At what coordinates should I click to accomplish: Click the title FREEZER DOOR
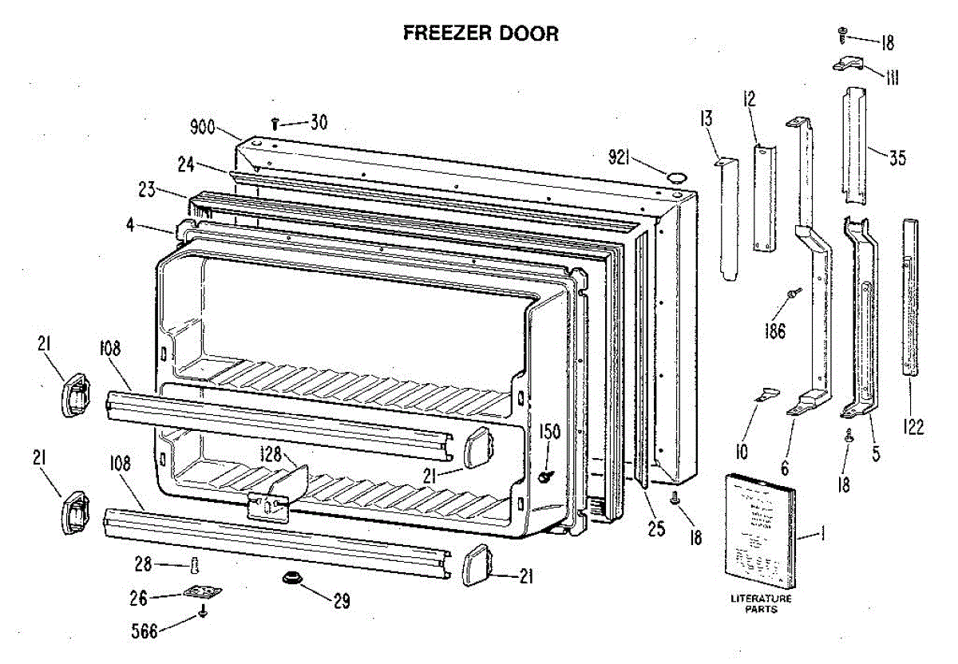click(x=481, y=33)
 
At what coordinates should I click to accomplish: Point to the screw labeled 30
click(x=275, y=124)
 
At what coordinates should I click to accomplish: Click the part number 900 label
click(x=204, y=127)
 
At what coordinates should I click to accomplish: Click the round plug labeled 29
click(x=291, y=578)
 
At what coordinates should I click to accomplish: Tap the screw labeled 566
click(x=204, y=612)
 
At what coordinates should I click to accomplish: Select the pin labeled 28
click(x=192, y=566)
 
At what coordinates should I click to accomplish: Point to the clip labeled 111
click(x=849, y=65)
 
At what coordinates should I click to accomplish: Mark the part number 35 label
click(x=897, y=158)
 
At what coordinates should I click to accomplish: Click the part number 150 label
click(x=551, y=432)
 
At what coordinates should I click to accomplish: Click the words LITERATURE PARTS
click(x=761, y=603)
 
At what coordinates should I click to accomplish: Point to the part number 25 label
click(x=656, y=528)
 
